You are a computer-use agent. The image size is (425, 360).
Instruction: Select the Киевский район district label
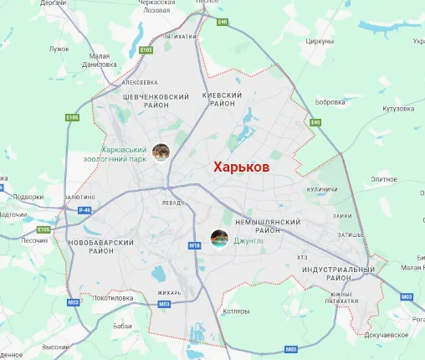click(x=223, y=100)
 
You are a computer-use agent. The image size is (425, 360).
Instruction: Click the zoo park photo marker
click(x=161, y=152)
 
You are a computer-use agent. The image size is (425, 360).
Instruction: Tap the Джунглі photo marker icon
click(x=219, y=239)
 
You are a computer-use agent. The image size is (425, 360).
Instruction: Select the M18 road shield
click(x=195, y=245)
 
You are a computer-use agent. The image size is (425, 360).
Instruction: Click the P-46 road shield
click(x=84, y=210)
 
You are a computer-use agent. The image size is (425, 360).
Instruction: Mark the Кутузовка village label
click(x=399, y=109)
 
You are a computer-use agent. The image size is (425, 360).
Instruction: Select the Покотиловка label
click(x=115, y=297)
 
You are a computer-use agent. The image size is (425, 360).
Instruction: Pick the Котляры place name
click(x=238, y=312)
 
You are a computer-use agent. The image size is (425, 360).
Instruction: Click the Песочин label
click(x=34, y=240)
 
